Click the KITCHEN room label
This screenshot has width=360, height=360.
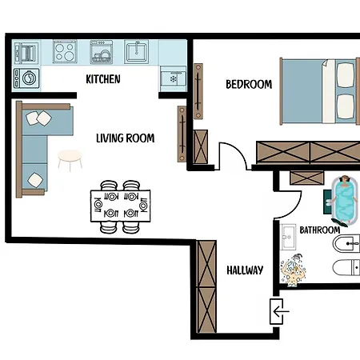pos(103,79)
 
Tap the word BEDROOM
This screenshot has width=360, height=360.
pos(248,84)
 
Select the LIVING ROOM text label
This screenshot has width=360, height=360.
pos(125,138)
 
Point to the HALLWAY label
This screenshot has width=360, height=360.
pos(244,270)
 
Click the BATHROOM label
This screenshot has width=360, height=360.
pos(320,230)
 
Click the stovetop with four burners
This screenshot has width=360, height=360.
pos(65,53)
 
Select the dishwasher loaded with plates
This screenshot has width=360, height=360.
pos(102,53)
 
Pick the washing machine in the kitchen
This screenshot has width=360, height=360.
pos(27,78)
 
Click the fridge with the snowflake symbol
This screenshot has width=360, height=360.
pos(172,78)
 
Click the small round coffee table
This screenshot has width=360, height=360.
pos(70,158)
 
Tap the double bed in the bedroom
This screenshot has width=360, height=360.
pos(318,92)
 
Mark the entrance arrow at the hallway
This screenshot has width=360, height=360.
pos(278,310)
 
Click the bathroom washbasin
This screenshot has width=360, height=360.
pos(289,237)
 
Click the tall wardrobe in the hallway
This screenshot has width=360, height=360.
pos(206,286)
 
